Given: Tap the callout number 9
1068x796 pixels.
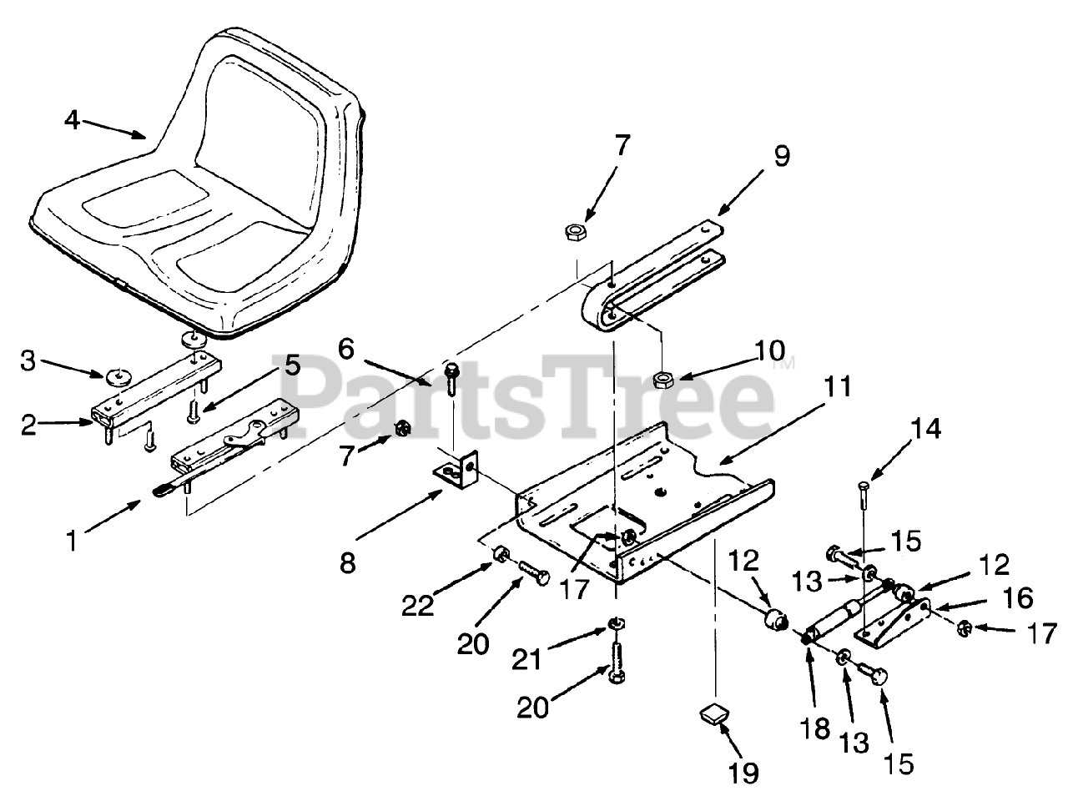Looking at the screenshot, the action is coord(781,156).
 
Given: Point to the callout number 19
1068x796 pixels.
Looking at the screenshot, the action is coord(744,773).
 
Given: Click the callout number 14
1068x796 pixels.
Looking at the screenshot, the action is coord(926,429).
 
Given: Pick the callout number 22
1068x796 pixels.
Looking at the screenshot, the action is coord(420,606).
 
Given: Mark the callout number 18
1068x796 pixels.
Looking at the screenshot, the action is coord(817,728).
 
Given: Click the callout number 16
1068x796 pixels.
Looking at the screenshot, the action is coord(1019,597).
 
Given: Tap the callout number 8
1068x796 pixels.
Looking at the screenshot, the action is coord(347,562).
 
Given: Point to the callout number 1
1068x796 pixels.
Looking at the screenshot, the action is coord(73,541).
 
